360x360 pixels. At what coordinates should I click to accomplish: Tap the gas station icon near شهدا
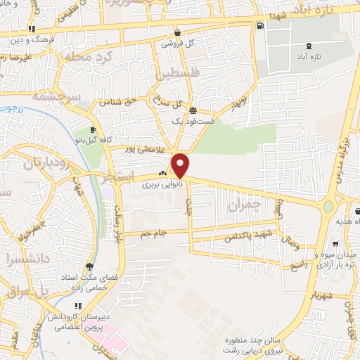click(x=261, y=27)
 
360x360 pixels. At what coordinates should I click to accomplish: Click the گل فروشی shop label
click(x=176, y=43)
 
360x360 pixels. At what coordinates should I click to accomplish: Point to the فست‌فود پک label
click(x=191, y=121)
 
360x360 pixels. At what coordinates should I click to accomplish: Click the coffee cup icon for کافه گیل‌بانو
click(x=94, y=130)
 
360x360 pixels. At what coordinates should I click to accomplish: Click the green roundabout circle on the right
click(x=328, y=208)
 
